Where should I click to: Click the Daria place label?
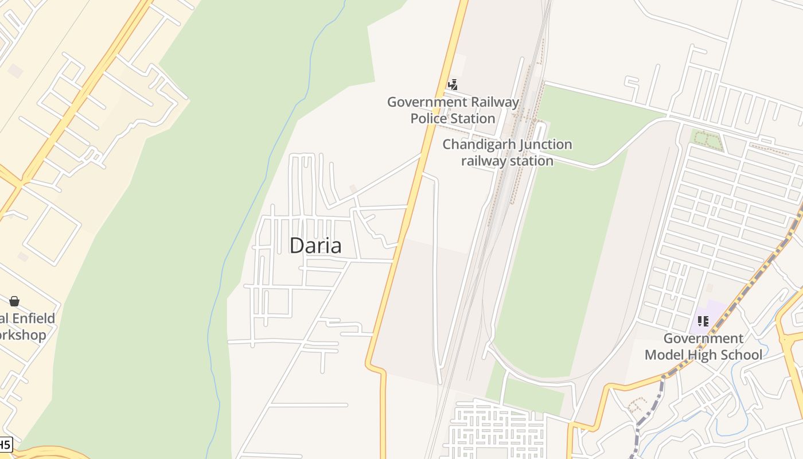click(x=315, y=246)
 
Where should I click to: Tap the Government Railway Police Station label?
click(x=453, y=110)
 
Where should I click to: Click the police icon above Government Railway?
click(x=453, y=85)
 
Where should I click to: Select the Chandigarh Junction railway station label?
click(x=507, y=153)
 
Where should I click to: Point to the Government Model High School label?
click(x=703, y=347)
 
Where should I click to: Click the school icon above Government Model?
click(x=703, y=321)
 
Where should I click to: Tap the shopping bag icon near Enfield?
click(x=14, y=301)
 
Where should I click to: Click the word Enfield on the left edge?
click(x=33, y=318)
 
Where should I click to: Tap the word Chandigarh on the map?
click(x=474, y=145)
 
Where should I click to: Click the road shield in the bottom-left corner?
click(x=5, y=444)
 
